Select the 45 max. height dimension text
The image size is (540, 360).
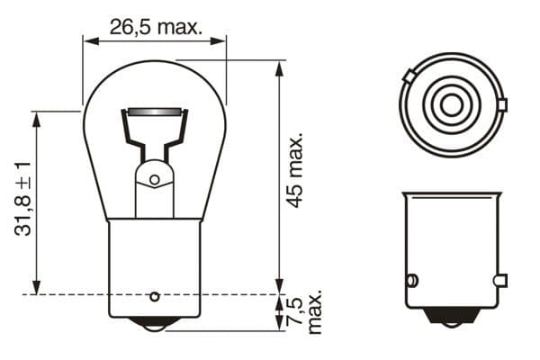(x=294, y=171)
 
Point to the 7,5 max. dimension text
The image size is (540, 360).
(x=306, y=312)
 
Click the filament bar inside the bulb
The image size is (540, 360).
(x=155, y=112)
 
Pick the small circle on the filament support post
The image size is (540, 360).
(x=154, y=180)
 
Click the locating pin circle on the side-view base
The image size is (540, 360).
(x=154, y=296)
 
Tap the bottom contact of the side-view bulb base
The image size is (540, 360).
(x=154, y=321)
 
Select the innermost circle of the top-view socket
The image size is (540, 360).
(x=451, y=105)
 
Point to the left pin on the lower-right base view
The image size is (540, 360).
(x=410, y=280)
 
